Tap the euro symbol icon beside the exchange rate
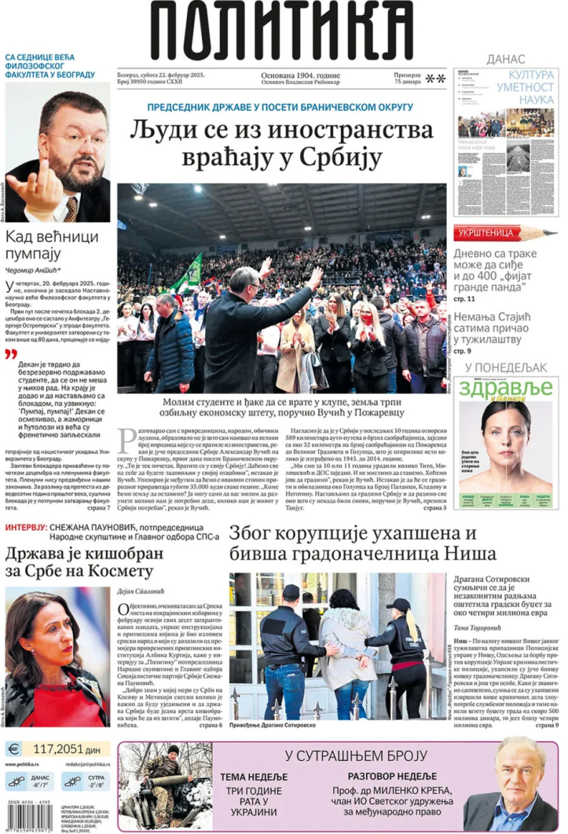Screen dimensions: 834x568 tap(13, 749)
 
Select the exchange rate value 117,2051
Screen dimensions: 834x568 tap(57, 749)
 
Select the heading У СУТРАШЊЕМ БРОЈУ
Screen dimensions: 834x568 tap(355, 756)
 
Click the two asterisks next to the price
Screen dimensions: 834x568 tap(435, 79)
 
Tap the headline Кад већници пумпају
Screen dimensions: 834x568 tap(52, 245)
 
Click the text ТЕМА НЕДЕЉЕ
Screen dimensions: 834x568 tap(254, 777)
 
